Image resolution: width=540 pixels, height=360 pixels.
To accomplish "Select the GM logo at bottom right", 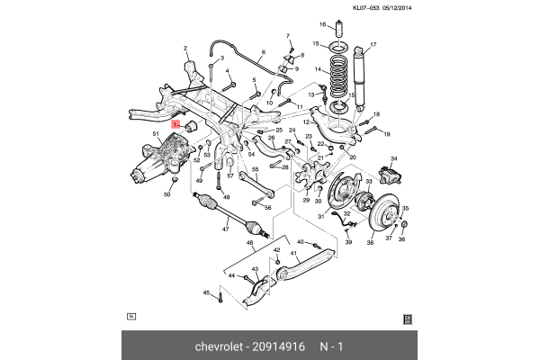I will click(407, 317).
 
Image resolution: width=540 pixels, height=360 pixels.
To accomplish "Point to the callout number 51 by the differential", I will click(156, 135).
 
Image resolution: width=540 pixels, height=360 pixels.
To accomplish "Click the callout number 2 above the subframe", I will click(185, 49).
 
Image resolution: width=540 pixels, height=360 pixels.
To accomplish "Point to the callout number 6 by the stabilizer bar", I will click(264, 52).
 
